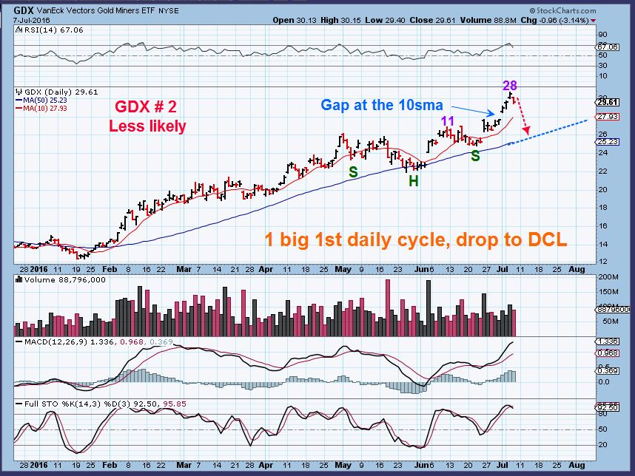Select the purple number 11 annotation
(448, 120)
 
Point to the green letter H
(414, 180)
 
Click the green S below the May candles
(355, 171)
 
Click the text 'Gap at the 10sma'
(382, 105)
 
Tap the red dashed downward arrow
(523, 118)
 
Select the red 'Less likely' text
(147, 126)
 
